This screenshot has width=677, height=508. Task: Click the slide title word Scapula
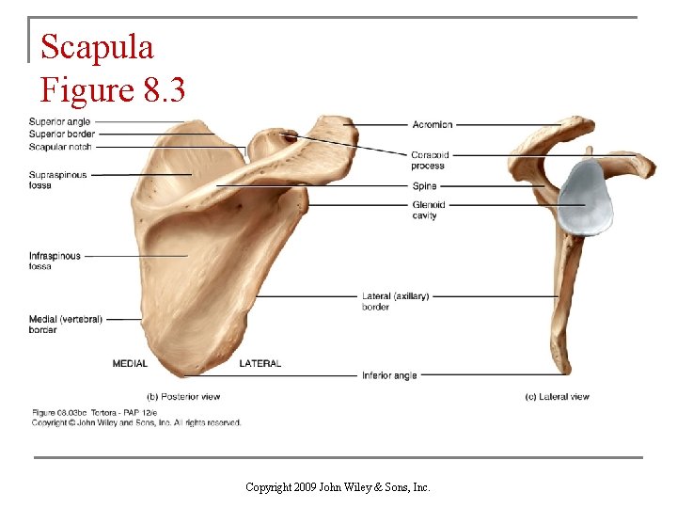97,46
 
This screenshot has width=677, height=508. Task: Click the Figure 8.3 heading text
113,90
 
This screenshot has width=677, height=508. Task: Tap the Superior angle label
59,122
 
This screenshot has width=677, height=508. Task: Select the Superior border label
61,135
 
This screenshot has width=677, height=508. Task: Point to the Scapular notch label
61,147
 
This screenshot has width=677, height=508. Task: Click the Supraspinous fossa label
57,180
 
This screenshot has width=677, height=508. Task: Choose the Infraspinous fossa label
55,261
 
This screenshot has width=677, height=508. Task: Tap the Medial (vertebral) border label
65,325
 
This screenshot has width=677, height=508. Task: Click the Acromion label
432,124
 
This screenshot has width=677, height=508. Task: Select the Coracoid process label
429,160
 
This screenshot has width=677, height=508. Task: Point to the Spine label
424,186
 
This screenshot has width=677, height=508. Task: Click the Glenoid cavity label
428,210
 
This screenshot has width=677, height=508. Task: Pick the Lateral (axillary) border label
395,301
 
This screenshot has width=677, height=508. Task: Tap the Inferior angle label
389,376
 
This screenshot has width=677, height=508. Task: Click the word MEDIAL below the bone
130,363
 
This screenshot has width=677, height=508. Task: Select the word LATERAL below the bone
260,363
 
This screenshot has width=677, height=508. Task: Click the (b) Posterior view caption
183,397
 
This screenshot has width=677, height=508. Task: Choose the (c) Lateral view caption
557,397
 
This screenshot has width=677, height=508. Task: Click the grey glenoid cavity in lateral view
584,198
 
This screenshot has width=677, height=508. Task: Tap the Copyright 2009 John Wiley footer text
338,487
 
